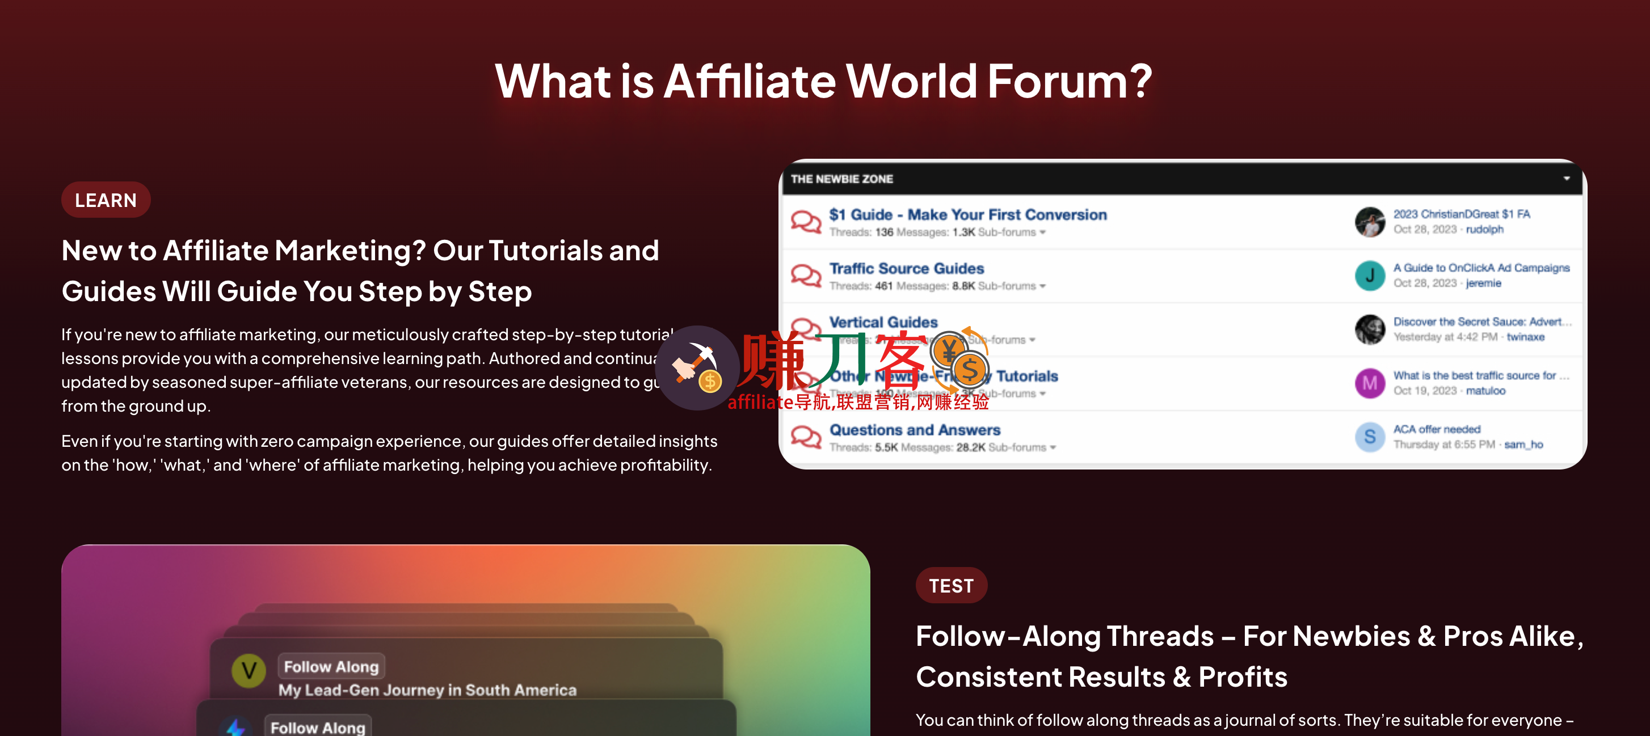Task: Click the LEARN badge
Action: coord(106,200)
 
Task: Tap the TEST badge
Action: coord(950,586)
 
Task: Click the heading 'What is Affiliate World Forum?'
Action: coord(823,81)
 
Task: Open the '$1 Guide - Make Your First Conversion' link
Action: coord(967,215)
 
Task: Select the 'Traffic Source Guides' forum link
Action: coord(906,269)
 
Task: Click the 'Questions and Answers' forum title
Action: coord(915,430)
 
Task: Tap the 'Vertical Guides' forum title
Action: coord(883,322)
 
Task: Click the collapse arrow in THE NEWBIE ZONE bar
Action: coord(1566,179)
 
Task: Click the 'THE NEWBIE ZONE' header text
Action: coord(841,179)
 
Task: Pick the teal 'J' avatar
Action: coord(1370,276)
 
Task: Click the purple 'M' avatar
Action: coord(1370,383)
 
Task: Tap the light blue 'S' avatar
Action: coord(1370,437)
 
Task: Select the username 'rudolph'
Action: coord(1484,230)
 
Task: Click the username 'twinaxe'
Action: coord(1525,337)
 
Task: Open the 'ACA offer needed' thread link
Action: coord(1437,429)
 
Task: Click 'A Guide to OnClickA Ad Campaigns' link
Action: coord(1481,268)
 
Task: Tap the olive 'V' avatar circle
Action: coord(249,671)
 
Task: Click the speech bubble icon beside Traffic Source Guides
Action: coord(805,276)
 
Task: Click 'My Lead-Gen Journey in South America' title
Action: coord(427,690)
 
